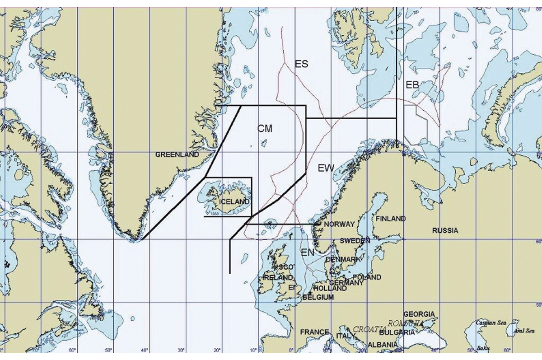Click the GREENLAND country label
(x=177, y=154)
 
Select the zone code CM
(x=265, y=129)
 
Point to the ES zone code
(x=301, y=64)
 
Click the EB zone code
(x=412, y=84)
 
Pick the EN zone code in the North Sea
(x=307, y=252)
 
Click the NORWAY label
(x=340, y=224)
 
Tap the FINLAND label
(x=391, y=219)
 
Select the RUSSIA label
(x=445, y=230)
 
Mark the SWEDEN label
(x=355, y=241)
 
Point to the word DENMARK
(x=343, y=259)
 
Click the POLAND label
(x=367, y=277)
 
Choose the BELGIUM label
(x=318, y=297)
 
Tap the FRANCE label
(x=314, y=332)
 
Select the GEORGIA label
(x=419, y=314)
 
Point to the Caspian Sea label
(x=491, y=323)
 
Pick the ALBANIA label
(x=370, y=345)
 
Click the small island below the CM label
(x=263, y=144)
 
